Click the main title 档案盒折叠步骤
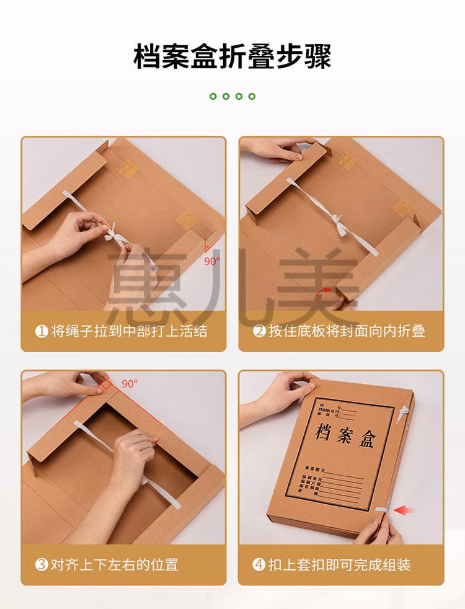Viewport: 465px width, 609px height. (x=232, y=56)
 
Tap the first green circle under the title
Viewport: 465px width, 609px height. (x=213, y=96)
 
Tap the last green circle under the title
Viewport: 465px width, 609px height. (x=252, y=96)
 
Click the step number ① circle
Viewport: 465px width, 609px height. (x=42, y=331)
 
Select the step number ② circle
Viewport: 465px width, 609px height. (x=259, y=331)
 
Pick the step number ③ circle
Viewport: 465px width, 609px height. (x=42, y=565)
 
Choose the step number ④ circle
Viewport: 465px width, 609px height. (x=259, y=565)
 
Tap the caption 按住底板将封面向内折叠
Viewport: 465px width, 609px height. (x=347, y=331)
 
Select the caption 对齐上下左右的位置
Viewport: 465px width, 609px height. (x=115, y=565)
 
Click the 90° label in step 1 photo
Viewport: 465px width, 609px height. (x=212, y=261)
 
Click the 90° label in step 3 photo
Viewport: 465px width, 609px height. (x=130, y=383)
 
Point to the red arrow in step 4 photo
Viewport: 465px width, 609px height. (x=405, y=510)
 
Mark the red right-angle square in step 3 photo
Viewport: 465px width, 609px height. (x=105, y=386)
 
